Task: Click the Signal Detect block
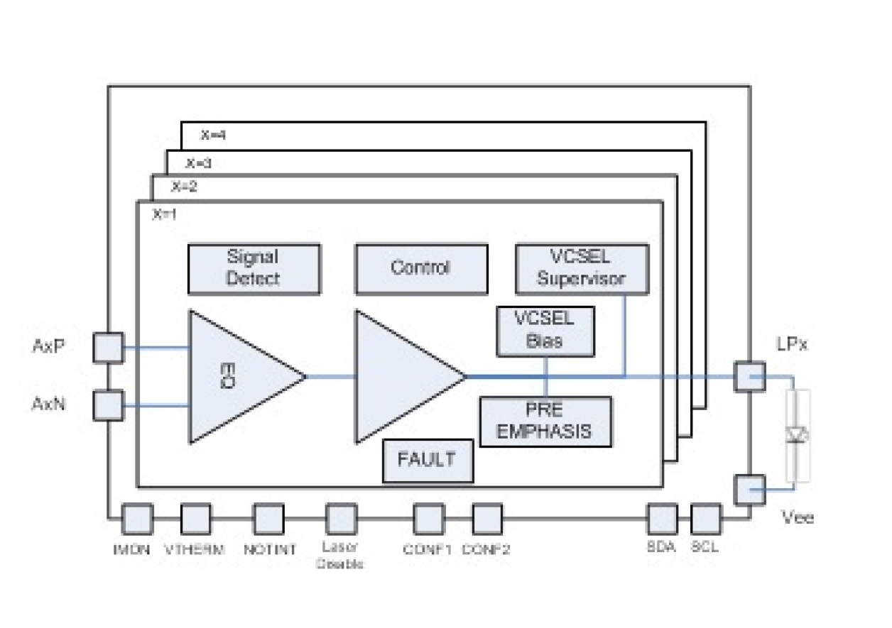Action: pos(254,269)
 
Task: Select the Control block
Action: pos(421,269)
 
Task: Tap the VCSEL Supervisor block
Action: pos(582,269)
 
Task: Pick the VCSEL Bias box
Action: pos(545,331)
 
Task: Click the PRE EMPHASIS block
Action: pos(545,422)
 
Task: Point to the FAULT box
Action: pos(428,461)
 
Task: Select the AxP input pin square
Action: pos(109,348)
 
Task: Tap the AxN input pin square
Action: pos(109,405)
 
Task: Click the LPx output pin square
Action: pos(749,376)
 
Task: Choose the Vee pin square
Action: pos(749,489)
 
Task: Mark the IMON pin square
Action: pos(137,519)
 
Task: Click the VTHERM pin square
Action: pos(196,519)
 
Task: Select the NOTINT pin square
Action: pos(268,519)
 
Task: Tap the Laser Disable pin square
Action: pos(340,519)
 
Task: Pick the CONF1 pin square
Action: pos(428,519)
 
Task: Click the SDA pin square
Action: pos(662,519)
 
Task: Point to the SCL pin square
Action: pos(706,519)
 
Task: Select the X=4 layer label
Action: pos(213,135)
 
